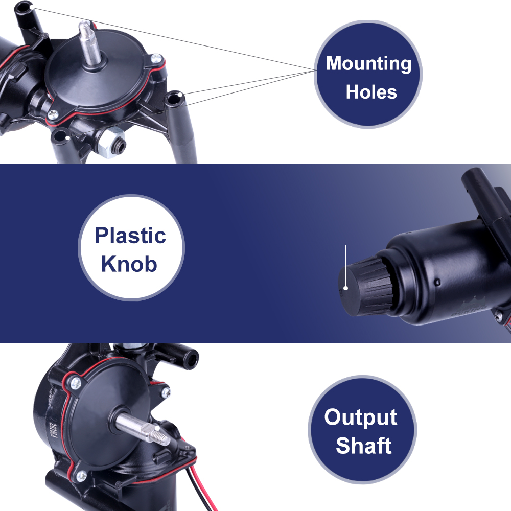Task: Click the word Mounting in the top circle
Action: click(x=368, y=64)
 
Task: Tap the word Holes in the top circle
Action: click(x=371, y=92)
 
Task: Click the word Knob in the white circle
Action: click(x=129, y=264)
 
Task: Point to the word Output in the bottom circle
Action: click(x=361, y=417)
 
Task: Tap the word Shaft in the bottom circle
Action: click(x=363, y=446)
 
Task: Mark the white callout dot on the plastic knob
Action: click(x=346, y=288)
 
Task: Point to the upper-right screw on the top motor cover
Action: click(x=156, y=59)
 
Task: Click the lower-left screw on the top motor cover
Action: click(x=53, y=114)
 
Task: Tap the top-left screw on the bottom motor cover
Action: click(x=75, y=383)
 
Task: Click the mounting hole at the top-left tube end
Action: click(x=23, y=7)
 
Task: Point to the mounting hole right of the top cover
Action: click(x=174, y=97)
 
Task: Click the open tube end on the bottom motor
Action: click(x=191, y=360)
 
